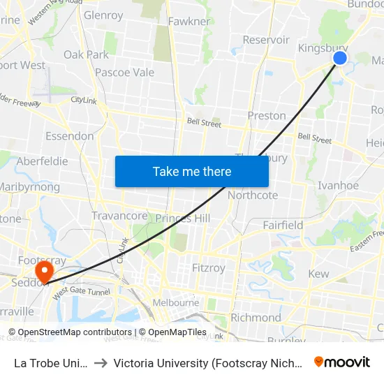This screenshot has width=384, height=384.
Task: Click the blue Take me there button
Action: (x=192, y=171)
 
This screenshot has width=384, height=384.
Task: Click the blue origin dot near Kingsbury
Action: (x=340, y=57)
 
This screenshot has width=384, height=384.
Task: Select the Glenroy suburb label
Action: (x=103, y=15)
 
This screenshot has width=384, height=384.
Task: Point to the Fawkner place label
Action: (x=189, y=21)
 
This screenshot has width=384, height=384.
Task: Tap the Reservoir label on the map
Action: (x=266, y=40)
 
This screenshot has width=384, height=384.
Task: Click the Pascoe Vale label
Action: (x=124, y=72)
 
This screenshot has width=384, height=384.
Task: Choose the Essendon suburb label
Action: (x=69, y=135)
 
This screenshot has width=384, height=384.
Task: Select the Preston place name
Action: (x=267, y=115)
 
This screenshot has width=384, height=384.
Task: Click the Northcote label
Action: (x=253, y=195)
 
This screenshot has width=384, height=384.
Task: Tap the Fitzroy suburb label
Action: (x=208, y=267)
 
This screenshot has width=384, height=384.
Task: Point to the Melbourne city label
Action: (x=176, y=302)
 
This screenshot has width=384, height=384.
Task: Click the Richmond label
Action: (x=256, y=318)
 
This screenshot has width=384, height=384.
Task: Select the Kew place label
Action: (x=318, y=274)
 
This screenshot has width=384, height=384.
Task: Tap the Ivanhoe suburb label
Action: (x=338, y=185)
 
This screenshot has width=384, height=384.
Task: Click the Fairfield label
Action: (x=283, y=225)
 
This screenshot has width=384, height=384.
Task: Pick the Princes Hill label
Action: (x=182, y=219)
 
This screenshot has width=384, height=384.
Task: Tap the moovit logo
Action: (x=342, y=362)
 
